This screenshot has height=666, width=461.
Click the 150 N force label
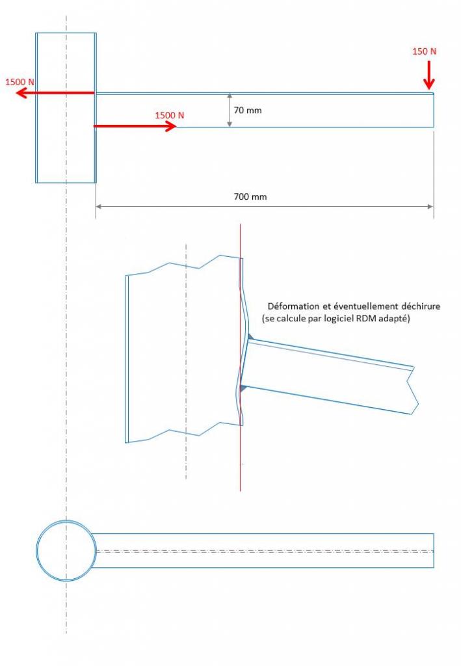[424, 51]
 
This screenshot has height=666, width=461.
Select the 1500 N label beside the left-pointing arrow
[20, 82]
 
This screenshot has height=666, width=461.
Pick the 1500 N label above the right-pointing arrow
[169, 115]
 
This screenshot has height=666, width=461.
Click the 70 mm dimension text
[248, 111]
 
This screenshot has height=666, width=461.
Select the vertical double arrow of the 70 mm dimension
[230, 110]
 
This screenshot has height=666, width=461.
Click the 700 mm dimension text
[251, 196]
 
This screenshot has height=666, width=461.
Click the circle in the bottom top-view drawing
[66, 551]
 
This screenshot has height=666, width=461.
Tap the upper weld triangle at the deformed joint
[249, 337]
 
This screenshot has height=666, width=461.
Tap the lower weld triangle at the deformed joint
[243, 388]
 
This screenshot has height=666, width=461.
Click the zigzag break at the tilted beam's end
[412, 389]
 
